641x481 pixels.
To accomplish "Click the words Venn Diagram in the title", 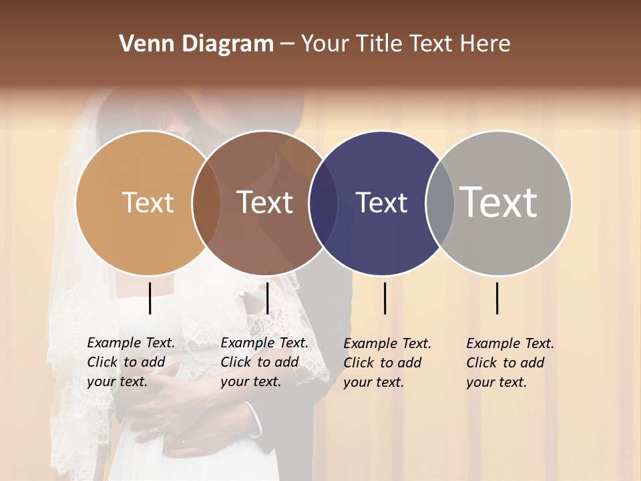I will click(196, 44).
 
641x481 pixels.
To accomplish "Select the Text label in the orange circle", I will click(148, 202).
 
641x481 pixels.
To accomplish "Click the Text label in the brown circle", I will click(265, 202).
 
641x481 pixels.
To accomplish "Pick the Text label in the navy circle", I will click(381, 202).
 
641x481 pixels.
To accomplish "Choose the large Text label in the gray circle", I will click(499, 202).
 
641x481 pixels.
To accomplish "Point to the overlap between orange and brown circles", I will click(206, 203).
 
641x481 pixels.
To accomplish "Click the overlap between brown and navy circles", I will click(323, 203).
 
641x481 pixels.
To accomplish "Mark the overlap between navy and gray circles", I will click(440, 203).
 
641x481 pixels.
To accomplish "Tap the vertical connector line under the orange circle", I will click(150, 298).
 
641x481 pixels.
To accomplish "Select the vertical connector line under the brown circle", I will click(267, 298).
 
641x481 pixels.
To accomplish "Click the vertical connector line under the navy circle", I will click(385, 298).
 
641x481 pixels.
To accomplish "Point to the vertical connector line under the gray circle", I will click(497, 298).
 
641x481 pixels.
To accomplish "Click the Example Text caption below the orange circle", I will click(131, 362).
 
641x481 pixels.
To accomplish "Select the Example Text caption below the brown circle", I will click(264, 362).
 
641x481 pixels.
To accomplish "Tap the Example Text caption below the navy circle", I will click(387, 363).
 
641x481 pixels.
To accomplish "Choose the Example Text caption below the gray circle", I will click(510, 363).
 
